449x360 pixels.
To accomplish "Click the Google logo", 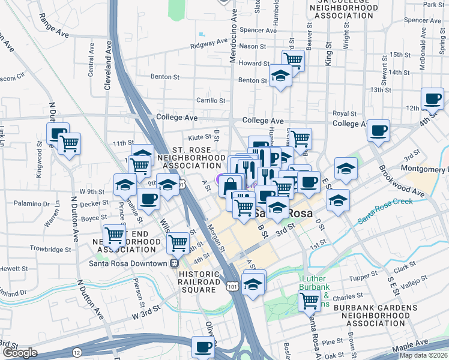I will [19, 353].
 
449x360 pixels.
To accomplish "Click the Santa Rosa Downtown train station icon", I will [174, 263].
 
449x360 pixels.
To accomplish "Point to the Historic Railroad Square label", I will [199, 282].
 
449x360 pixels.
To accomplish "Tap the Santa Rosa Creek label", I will [385, 210].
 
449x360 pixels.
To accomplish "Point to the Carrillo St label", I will [210, 101].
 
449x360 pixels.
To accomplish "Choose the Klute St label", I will [200, 137].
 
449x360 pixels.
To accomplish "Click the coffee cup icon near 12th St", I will [432, 98].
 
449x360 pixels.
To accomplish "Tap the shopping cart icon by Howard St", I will [293, 59].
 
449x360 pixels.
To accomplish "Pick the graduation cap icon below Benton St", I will [280, 76].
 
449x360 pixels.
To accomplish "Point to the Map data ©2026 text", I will [423, 355].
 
